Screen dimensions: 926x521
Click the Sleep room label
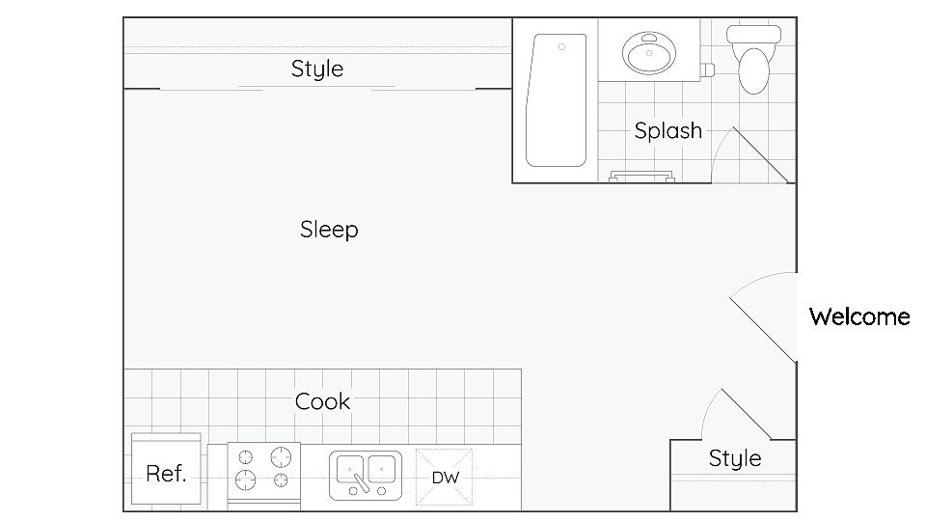[x=329, y=230]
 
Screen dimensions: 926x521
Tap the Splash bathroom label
[x=667, y=130]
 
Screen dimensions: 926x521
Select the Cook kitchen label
[x=322, y=401]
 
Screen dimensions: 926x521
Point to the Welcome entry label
[x=859, y=316]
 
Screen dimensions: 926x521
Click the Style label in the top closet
[x=317, y=69]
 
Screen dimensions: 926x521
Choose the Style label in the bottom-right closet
[x=735, y=458]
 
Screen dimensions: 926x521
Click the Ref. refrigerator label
[x=166, y=473]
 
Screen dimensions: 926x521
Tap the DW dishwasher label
[x=446, y=478]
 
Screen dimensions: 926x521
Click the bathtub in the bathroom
[x=556, y=100]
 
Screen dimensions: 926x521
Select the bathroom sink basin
[x=649, y=53]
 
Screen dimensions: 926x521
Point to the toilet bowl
[x=754, y=70]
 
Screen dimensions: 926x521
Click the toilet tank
[x=753, y=35]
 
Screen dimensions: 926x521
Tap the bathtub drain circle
[x=561, y=46]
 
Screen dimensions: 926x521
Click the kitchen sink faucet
[x=360, y=481]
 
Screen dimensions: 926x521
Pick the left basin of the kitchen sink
[x=350, y=469]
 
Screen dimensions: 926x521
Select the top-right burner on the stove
[x=281, y=457]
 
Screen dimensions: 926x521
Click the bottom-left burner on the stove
[x=246, y=480]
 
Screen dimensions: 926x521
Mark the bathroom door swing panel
[x=760, y=154]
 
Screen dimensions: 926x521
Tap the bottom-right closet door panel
[x=747, y=414]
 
